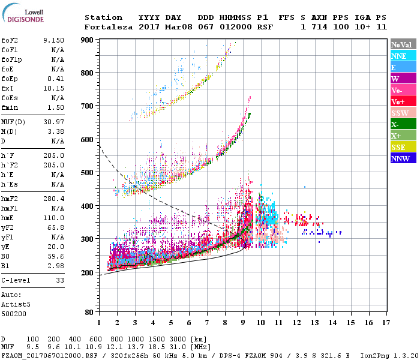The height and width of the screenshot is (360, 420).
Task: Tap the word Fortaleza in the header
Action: (107, 27)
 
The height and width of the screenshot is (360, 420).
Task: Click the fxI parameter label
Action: (7, 88)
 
